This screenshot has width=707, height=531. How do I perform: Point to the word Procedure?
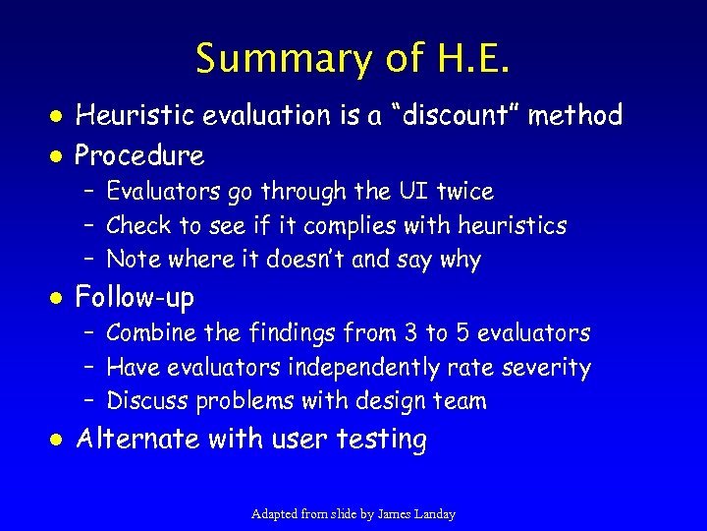tap(139, 154)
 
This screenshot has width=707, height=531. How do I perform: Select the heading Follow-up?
tap(135, 296)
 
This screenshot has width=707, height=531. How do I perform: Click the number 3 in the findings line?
tap(406, 333)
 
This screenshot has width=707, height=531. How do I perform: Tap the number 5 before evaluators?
tap(462, 333)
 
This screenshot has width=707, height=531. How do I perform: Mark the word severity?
tap(546, 368)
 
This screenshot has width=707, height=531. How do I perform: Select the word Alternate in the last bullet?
tap(139, 439)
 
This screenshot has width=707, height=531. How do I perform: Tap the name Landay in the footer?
tap(433, 514)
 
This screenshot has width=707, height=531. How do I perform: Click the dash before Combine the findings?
tap(88, 333)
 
